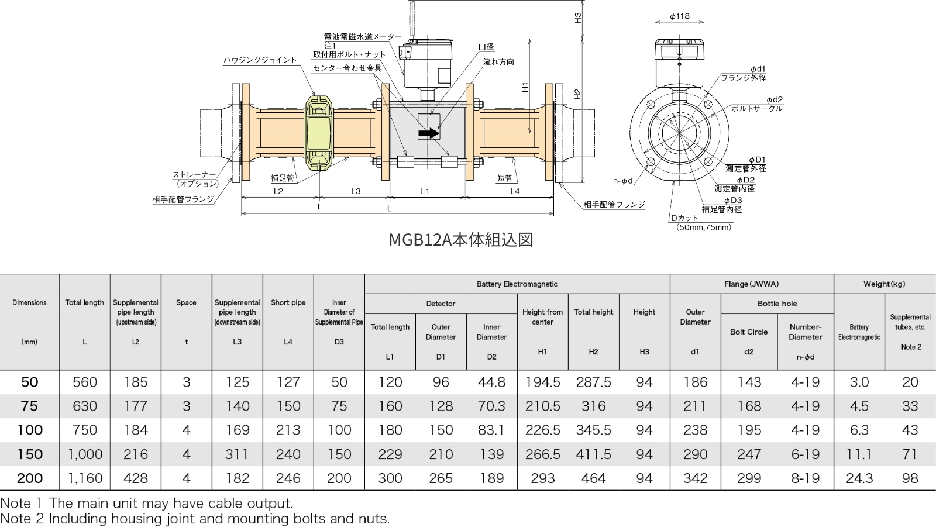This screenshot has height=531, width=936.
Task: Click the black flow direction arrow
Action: tap(429, 133)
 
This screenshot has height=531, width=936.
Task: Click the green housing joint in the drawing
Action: tap(319, 133)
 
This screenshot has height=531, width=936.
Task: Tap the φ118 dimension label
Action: tap(680, 16)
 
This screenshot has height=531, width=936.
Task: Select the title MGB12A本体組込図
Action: tap(461, 240)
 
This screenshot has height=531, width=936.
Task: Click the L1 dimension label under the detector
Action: tap(425, 191)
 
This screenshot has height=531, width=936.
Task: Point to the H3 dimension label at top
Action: tap(578, 18)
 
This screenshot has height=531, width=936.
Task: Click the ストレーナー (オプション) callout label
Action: tap(195, 179)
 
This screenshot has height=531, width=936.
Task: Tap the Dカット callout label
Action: tap(685, 218)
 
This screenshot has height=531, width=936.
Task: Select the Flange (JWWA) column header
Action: tap(751, 284)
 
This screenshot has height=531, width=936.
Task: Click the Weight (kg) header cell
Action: tap(884, 284)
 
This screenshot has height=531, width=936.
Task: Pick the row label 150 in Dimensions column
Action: tap(29, 454)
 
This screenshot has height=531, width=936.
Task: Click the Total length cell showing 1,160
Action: tap(85, 478)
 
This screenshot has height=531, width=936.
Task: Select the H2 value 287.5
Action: tap(593, 382)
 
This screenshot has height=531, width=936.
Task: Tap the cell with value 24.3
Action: tap(859, 478)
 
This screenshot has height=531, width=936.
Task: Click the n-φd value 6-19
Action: tap(805, 454)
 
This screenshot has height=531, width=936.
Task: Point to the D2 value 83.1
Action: tap(491, 430)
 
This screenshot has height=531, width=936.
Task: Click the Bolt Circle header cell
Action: tap(749, 332)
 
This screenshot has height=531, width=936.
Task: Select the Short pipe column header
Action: tap(288, 303)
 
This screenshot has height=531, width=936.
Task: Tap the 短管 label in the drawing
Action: tap(505, 178)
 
